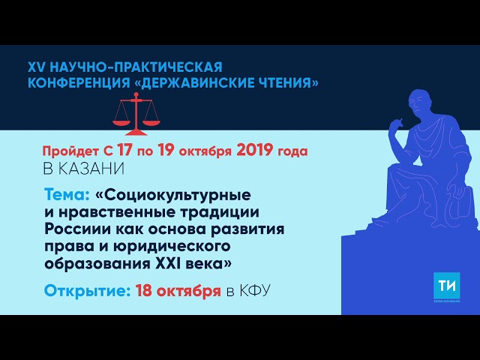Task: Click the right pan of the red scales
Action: click(x=152, y=121)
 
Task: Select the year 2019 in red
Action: click(x=257, y=151)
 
